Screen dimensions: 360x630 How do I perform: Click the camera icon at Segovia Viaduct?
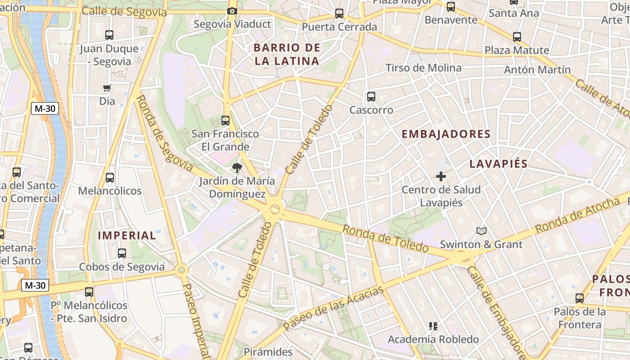point(232,11)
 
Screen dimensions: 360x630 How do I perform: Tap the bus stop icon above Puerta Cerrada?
point(339,13)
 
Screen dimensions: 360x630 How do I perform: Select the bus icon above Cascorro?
point(371,96)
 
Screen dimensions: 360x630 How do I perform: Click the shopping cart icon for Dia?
point(107,88)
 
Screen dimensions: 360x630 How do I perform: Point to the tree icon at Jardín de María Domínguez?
point(236,168)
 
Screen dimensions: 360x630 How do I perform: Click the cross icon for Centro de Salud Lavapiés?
point(441,176)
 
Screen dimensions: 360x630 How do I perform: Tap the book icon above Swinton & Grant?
point(481,231)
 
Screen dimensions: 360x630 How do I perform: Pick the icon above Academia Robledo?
point(433,326)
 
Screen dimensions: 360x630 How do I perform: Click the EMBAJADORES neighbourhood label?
point(446,134)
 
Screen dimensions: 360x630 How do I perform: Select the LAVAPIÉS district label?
point(499,164)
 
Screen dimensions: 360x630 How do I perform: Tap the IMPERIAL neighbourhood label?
point(127,235)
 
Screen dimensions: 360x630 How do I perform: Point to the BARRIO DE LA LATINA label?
point(287,54)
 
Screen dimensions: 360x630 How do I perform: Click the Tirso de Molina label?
point(423,68)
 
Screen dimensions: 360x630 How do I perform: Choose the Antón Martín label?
point(537,70)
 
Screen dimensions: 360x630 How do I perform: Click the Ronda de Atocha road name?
point(577,216)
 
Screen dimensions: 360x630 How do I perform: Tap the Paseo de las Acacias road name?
point(333,308)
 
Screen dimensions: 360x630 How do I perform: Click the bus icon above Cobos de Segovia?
point(122,253)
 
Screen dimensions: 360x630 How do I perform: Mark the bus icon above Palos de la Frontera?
point(580,298)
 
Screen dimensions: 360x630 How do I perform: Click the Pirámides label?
point(268,351)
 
